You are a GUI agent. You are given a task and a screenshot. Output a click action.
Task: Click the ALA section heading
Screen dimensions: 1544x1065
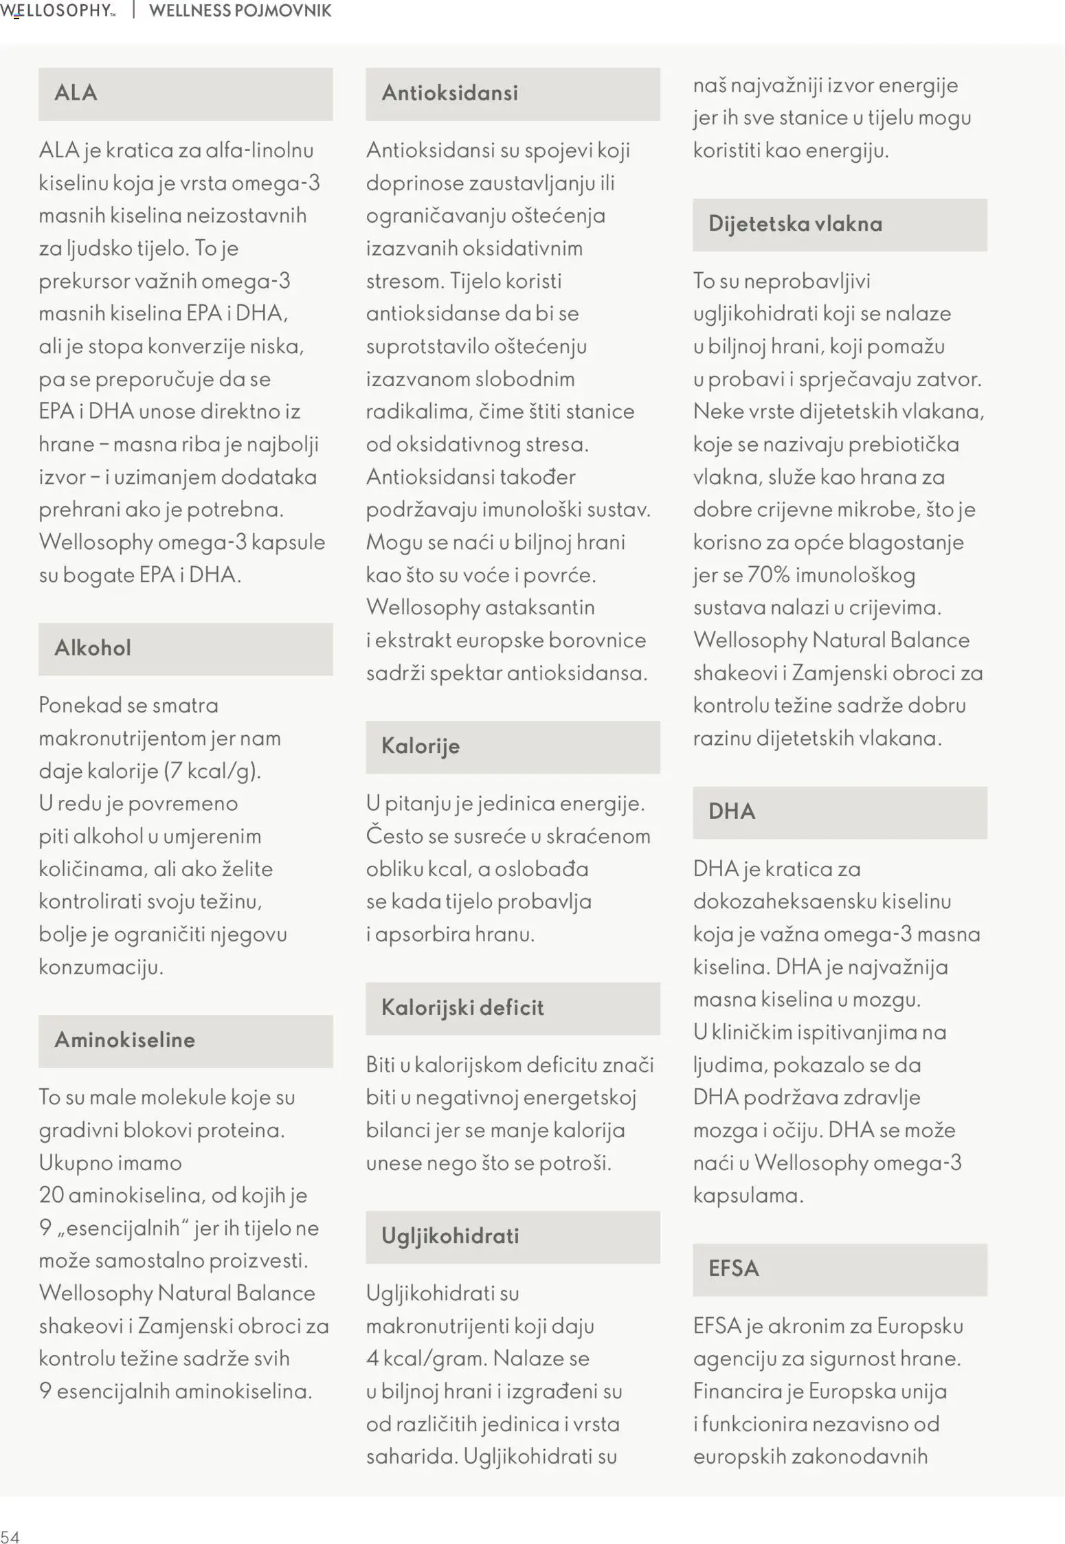[76, 93]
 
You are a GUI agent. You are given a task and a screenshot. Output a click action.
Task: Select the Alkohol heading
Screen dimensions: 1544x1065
[93, 648]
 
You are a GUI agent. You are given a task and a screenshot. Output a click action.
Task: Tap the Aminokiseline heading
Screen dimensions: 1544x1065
[124, 1040]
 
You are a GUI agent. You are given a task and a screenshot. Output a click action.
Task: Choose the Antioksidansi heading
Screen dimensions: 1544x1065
[449, 93]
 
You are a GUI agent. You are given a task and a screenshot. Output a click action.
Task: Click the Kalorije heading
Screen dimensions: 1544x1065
[420, 746]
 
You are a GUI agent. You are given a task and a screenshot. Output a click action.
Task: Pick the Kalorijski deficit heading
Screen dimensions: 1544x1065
[462, 1007]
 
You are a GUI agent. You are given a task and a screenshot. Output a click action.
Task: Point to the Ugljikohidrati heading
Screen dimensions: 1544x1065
[450, 1236]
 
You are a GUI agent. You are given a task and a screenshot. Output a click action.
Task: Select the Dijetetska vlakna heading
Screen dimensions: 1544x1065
[795, 224]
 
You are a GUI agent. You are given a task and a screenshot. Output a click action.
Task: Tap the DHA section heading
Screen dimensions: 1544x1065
[732, 812]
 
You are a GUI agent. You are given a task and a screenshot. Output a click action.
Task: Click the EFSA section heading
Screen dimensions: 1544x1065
[733, 1268]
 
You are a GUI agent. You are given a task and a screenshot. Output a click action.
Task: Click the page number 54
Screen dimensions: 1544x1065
[10, 1537]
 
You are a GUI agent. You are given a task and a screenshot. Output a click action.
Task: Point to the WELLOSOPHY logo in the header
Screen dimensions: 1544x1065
[58, 10]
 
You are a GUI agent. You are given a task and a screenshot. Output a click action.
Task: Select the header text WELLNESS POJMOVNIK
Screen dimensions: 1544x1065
[240, 10]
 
